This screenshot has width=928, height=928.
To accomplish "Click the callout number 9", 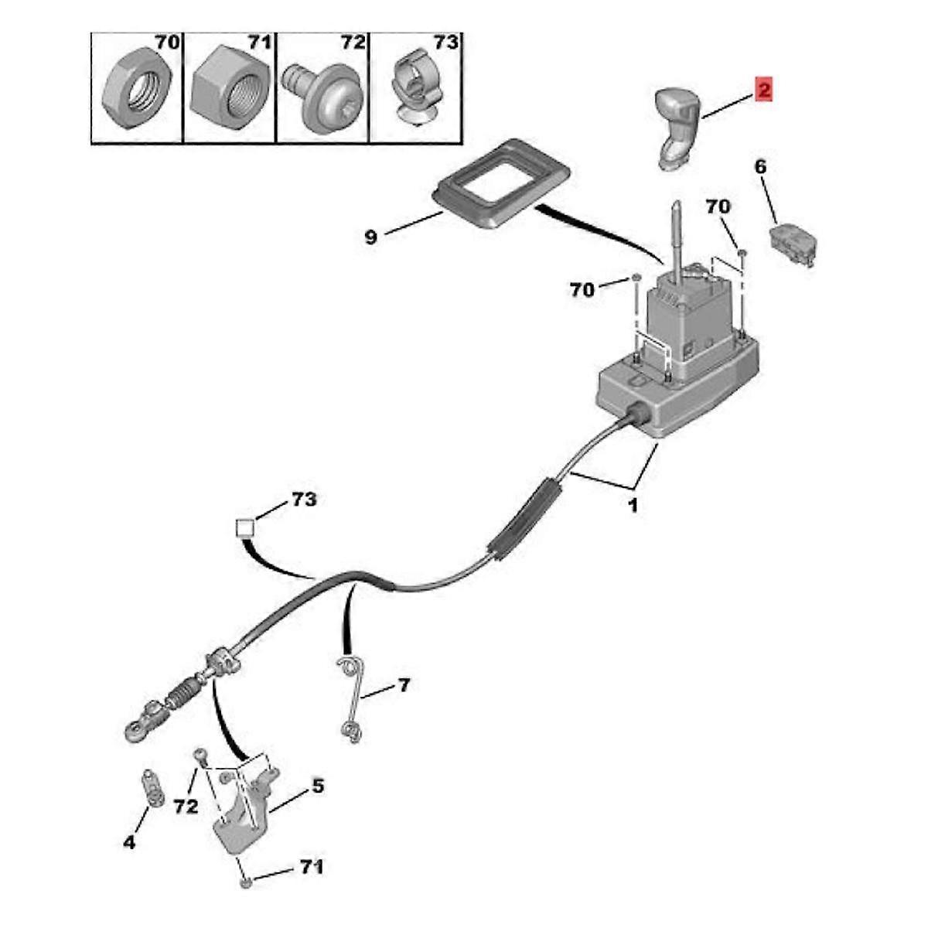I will [371, 237].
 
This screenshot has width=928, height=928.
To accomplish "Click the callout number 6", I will [760, 166].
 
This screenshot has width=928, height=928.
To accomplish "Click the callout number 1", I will [633, 507].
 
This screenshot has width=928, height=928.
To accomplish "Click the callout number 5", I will [318, 786].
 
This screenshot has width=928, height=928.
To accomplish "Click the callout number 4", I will [129, 842].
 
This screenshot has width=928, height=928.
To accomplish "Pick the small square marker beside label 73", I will [245, 528].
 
